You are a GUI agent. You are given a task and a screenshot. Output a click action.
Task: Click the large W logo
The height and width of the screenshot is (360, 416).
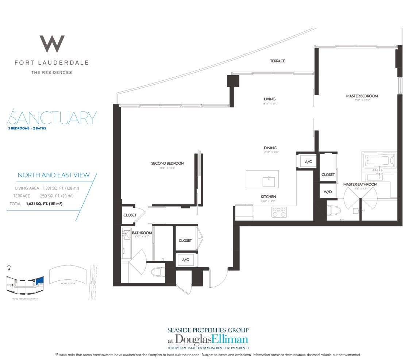52,44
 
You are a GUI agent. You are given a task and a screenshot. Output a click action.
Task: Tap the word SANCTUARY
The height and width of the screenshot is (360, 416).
52,118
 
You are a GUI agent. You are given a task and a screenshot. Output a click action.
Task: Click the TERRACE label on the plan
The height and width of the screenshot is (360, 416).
277,61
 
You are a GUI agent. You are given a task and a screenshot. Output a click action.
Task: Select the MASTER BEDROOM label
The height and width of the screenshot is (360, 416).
362,96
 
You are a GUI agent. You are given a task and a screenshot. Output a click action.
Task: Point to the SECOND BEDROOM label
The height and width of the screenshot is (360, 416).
167,163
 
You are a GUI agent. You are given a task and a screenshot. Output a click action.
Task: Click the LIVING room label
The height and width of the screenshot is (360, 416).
270,99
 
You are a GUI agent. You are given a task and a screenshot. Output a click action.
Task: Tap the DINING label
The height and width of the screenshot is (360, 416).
271,148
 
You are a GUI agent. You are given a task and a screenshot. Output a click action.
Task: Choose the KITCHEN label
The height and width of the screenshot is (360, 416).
268,196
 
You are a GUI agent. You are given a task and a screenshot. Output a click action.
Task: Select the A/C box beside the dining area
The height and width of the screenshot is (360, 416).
308,161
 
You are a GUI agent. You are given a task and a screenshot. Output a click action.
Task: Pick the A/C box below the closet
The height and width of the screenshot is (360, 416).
185,260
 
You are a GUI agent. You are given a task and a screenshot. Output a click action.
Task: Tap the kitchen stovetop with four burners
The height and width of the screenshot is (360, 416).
279,212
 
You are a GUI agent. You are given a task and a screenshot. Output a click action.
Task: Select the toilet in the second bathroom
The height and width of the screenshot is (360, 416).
158,272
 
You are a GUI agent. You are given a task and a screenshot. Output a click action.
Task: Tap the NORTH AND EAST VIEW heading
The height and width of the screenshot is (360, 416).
54,175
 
